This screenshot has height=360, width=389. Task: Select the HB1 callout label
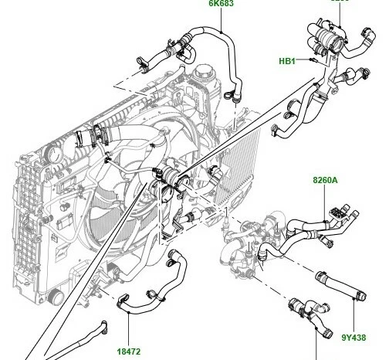click(287, 59)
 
